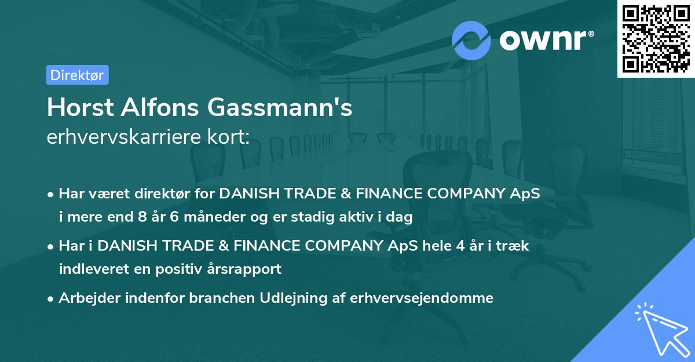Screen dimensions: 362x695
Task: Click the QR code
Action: click(656, 38)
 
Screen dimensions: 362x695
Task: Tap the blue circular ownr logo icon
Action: click(471, 40)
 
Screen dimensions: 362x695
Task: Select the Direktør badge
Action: click(77, 75)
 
